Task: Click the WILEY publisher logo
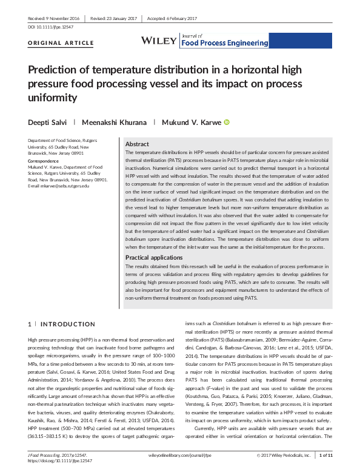point(159,40)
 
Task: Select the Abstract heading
point(138,144)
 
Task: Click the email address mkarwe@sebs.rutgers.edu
point(58,186)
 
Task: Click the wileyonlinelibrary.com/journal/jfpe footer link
point(179,454)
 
